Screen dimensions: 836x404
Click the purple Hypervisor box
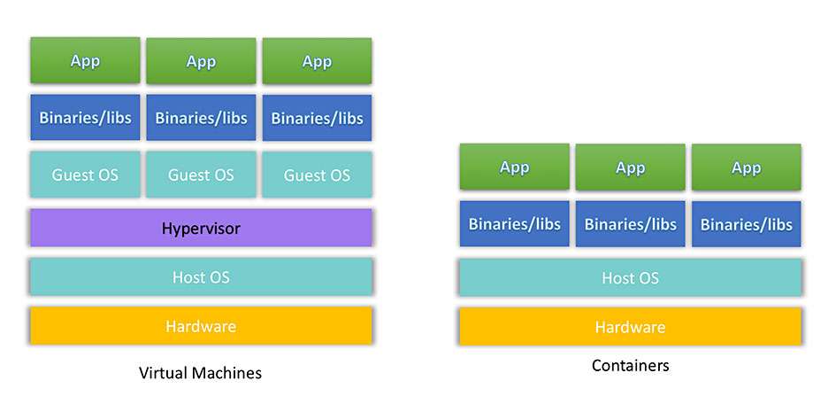(x=201, y=228)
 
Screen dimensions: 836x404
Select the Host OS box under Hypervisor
(x=201, y=276)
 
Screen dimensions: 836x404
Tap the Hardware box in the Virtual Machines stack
(x=201, y=325)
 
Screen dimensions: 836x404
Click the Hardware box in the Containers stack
(x=630, y=326)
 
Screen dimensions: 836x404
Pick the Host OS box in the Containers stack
(x=630, y=277)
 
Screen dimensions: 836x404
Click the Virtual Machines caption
(x=201, y=372)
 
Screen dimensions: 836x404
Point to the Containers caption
(x=630, y=366)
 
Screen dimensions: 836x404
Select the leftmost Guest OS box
(x=85, y=175)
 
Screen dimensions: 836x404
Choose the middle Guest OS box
(x=201, y=175)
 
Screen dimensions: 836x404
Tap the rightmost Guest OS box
(x=318, y=175)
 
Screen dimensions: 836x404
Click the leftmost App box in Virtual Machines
(x=85, y=60)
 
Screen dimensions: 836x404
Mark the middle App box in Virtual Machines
(x=201, y=61)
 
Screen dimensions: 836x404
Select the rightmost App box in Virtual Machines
(x=318, y=61)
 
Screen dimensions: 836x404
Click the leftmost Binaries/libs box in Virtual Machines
(x=85, y=118)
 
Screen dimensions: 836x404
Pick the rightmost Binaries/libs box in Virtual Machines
(x=318, y=118)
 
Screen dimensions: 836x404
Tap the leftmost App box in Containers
(x=515, y=167)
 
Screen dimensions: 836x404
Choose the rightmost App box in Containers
(x=747, y=167)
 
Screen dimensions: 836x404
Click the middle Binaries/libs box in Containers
(x=630, y=224)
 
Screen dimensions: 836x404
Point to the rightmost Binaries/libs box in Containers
(x=747, y=224)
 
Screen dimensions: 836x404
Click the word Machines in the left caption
(x=229, y=372)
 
